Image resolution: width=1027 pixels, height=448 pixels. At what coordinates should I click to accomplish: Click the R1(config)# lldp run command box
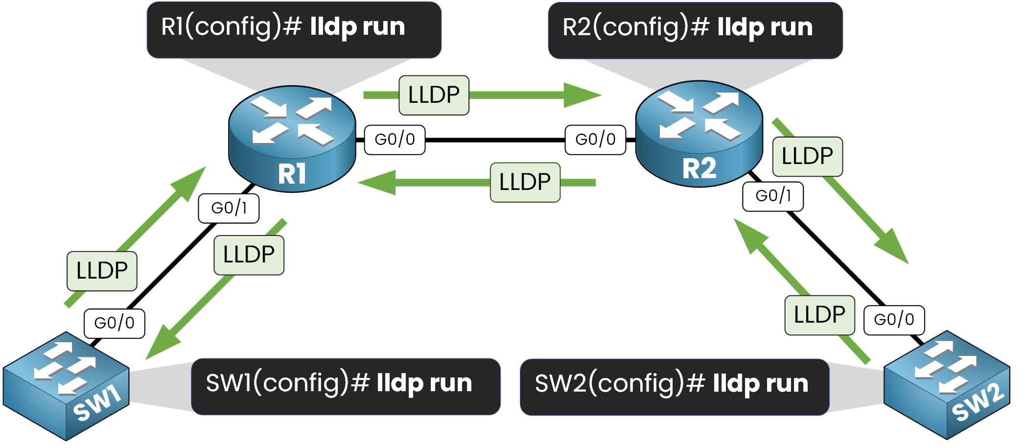(x=294, y=29)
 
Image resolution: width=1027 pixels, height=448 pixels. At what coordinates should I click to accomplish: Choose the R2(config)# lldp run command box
(x=695, y=30)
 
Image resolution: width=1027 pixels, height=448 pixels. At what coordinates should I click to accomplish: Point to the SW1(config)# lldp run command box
(x=346, y=386)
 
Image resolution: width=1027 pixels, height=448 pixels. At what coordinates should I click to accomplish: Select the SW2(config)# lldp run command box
(x=675, y=387)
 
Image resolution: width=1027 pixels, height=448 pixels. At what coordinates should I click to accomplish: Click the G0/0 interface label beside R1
(x=395, y=140)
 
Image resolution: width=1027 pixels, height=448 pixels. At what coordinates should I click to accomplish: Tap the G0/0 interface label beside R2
(x=595, y=140)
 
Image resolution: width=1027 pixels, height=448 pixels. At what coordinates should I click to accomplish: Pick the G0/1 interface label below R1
(x=229, y=209)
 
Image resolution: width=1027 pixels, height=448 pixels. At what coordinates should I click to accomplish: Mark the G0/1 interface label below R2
(x=773, y=196)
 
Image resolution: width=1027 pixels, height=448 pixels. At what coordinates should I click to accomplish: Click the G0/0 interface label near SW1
(x=115, y=323)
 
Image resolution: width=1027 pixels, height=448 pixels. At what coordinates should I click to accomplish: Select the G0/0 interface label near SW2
(x=894, y=320)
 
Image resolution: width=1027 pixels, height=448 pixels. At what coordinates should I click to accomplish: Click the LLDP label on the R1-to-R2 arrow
(x=434, y=95)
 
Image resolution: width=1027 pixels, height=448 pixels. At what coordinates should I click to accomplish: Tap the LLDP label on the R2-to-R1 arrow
(x=525, y=183)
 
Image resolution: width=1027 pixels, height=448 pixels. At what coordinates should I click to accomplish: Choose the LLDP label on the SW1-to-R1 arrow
(x=102, y=271)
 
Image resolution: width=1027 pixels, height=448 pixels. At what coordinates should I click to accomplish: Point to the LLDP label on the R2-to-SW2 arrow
(x=807, y=157)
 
